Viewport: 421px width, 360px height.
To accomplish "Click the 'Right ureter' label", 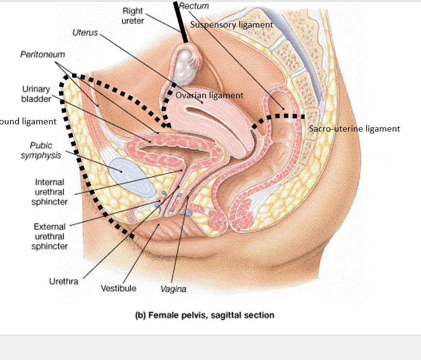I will point(133,15).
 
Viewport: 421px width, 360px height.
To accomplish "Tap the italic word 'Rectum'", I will point(194,6).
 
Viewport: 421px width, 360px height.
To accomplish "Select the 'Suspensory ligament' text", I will point(231,25).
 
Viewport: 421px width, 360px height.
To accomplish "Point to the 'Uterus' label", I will point(85,32).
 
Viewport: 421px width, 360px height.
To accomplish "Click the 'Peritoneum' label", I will point(43,55).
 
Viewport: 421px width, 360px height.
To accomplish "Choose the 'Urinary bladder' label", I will point(36,94).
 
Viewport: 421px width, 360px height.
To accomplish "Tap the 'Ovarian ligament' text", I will point(210,95).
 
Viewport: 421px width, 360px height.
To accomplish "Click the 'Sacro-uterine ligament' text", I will point(354,129).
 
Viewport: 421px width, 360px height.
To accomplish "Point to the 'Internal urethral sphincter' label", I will point(49,192).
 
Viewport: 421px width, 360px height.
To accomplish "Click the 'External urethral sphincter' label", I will point(49,237).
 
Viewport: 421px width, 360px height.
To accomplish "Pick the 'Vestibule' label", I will point(119,288).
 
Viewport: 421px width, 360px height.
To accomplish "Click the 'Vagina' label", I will point(173,289).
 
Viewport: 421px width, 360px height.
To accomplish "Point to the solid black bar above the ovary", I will point(180,21).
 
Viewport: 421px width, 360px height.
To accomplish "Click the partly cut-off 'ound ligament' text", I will point(28,121).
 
